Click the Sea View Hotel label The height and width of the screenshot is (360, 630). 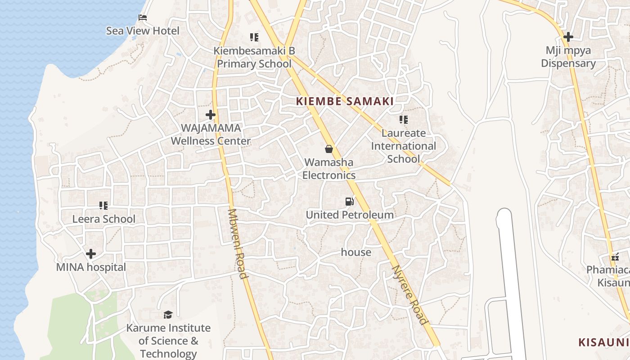pos(143,31)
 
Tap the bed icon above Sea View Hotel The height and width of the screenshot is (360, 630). pos(143,18)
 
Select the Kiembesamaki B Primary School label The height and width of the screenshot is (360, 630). pos(254,57)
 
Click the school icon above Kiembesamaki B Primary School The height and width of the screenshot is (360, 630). pos(254,37)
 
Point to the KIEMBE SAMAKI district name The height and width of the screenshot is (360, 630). pos(345,101)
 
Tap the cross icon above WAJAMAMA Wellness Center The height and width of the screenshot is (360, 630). pos(210,115)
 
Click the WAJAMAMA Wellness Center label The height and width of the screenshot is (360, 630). pos(211,135)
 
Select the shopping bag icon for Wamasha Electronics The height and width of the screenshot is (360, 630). pos(329,149)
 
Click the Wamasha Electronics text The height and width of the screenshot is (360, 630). pos(329,169)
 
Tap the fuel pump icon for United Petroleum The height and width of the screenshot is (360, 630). pos(349,202)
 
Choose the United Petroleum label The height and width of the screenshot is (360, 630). pos(350,215)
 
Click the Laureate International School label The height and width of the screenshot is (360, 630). pos(403,146)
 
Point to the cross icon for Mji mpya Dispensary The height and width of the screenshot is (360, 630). pos(568,37)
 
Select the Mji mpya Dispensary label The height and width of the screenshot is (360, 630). pos(568,57)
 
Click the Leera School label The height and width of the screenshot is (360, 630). pos(104,219)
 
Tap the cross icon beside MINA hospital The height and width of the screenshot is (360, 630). pos(91,254)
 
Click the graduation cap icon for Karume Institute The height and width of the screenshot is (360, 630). pos(168,315)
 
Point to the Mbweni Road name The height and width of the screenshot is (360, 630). pos(238,243)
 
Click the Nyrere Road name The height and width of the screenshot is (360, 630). pos(409,295)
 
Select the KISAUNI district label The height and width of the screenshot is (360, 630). pos(603,342)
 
